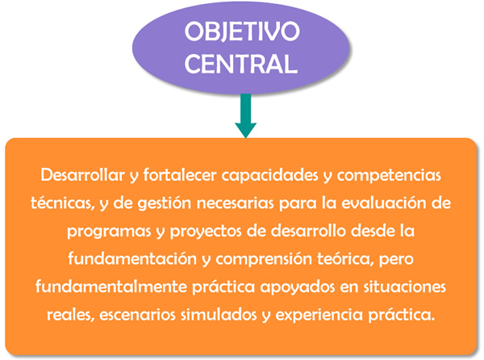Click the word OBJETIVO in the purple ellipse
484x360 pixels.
[242, 31]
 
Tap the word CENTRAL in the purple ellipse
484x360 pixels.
[241, 64]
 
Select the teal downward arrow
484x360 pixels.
[246, 115]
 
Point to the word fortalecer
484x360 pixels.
[180, 175]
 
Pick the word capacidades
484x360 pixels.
[269, 176]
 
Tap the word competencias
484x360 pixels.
[389, 176]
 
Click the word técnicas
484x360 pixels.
[62, 203]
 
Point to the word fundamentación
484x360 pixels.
[132, 258]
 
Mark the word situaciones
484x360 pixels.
[404, 287]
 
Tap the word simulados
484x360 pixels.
[219, 315]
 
